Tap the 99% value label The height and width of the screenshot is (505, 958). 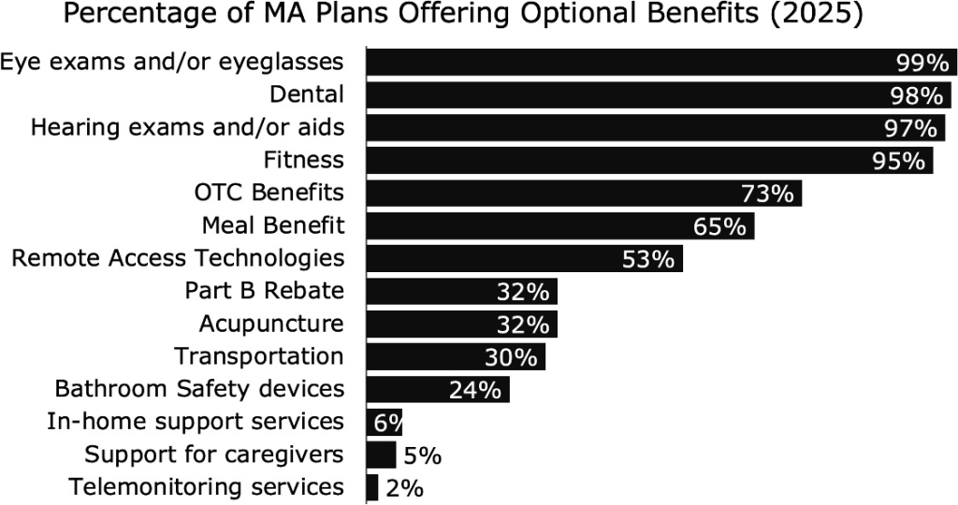pos(922,63)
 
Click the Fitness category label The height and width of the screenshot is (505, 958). pos(303,160)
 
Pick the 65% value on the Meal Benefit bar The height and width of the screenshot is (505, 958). pos(719,226)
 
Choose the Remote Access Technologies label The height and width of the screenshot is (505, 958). pos(178,258)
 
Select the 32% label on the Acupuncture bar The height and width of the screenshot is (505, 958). pos(522,325)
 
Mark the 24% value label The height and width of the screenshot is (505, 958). pos(474,390)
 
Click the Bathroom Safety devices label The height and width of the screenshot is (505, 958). pos(199,389)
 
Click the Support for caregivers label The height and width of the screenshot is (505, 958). pos(214,454)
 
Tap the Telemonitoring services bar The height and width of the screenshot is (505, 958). pos(372,487)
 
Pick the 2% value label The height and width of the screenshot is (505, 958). pos(405,488)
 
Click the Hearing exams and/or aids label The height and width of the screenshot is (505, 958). pos(188,127)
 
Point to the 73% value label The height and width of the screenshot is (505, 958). pos(767,194)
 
